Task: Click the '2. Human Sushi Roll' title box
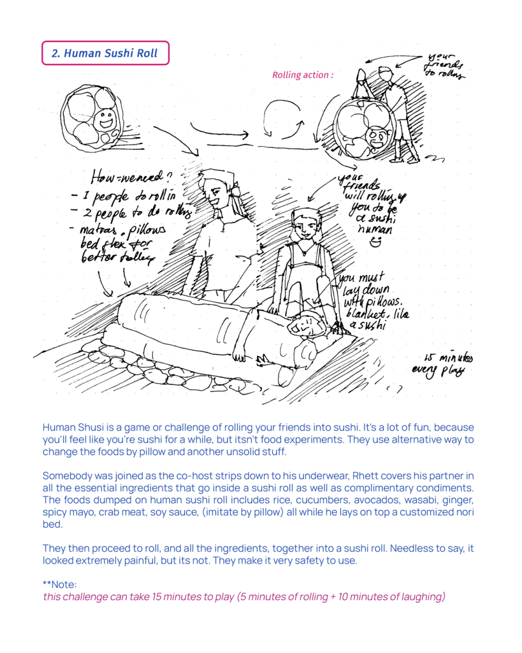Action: pos(105,54)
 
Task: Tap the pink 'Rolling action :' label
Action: pos(303,75)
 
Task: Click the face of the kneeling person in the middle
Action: pos(305,226)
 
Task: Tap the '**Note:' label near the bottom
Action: pos(60,584)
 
